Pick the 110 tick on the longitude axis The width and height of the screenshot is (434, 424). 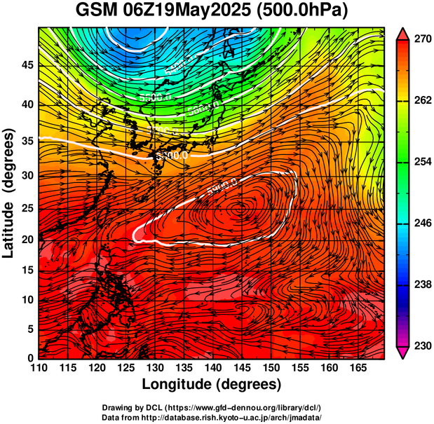tap(39, 368)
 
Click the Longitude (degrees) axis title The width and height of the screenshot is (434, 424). tap(212, 384)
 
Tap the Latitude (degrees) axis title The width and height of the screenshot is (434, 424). tap(11, 192)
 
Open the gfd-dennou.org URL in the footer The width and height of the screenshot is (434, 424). tap(245, 407)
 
